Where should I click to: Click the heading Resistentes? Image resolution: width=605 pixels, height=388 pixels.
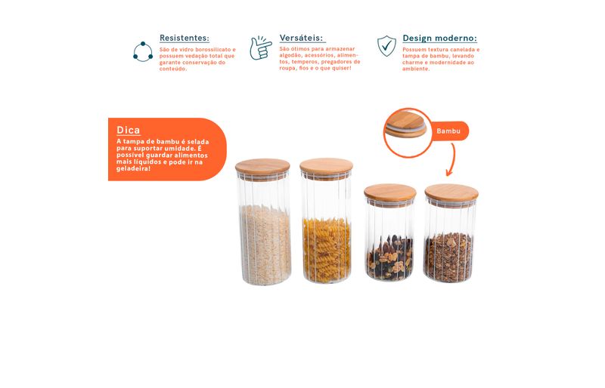coord(185,38)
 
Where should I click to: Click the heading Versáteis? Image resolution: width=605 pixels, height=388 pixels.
coord(301,38)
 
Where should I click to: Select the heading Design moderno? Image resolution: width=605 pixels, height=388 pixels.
coord(439,38)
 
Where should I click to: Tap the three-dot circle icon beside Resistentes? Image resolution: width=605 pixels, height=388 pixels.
coord(143,51)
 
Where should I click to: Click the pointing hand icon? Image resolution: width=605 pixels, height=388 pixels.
coord(260,48)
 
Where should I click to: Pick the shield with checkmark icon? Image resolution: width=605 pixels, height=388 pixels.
coord(386,46)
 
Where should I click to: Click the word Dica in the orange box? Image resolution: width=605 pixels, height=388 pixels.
coord(128,131)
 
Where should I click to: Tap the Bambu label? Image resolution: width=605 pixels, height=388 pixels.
coord(448,131)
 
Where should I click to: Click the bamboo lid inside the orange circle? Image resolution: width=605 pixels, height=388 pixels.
coord(405,125)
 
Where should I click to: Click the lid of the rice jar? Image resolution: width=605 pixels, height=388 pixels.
coord(262,167)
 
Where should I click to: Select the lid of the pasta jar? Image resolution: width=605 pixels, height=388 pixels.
coord(326,167)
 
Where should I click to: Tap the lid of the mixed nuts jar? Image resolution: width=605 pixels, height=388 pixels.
coord(390,192)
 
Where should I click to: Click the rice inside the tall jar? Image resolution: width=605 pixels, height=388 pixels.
coord(265,245)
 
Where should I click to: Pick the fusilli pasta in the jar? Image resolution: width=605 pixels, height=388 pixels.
coord(327,250)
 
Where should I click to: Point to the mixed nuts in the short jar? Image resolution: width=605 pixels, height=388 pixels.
coord(390,257)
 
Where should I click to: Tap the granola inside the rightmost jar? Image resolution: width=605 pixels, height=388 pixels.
coord(448,257)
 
